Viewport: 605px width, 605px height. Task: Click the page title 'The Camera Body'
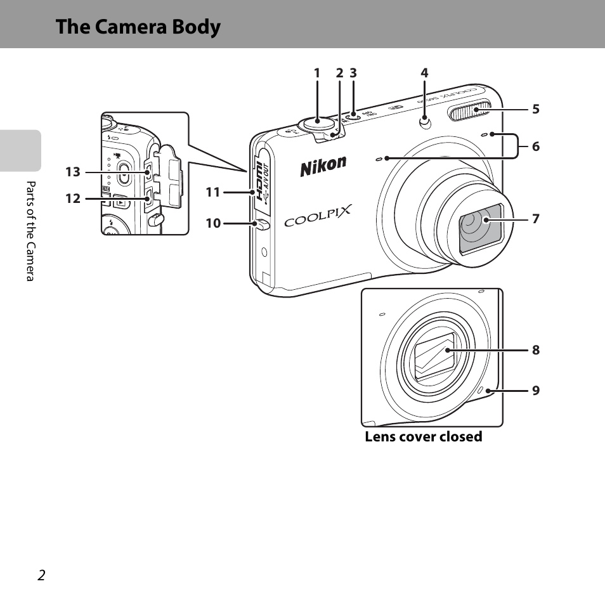click(x=138, y=27)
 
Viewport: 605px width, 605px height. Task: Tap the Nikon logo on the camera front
click(x=323, y=166)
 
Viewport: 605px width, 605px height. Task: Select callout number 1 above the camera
click(x=317, y=74)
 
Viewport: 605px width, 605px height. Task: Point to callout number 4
click(x=424, y=74)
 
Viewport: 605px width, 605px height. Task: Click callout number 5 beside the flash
click(x=535, y=109)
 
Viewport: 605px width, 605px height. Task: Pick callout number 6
click(x=535, y=146)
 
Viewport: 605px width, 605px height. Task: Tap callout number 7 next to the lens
click(x=535, y=219)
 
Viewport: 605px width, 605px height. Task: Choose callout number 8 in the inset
click(x=535, y=349)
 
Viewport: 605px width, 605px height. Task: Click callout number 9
click(x=535, y=391)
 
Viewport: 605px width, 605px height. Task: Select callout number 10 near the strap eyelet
click(x=213, y=223)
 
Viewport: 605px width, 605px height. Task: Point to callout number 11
click(x=212, y=191)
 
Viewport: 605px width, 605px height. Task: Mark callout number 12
click(x=73, y=198)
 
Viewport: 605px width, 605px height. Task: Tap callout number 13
click(x=73, y=172)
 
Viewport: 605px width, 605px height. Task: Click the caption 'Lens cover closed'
click(x=423, y=437)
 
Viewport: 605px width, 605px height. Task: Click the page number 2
click(x=41, y=575)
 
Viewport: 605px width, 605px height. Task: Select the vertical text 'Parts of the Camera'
click(x=29, y=231)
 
